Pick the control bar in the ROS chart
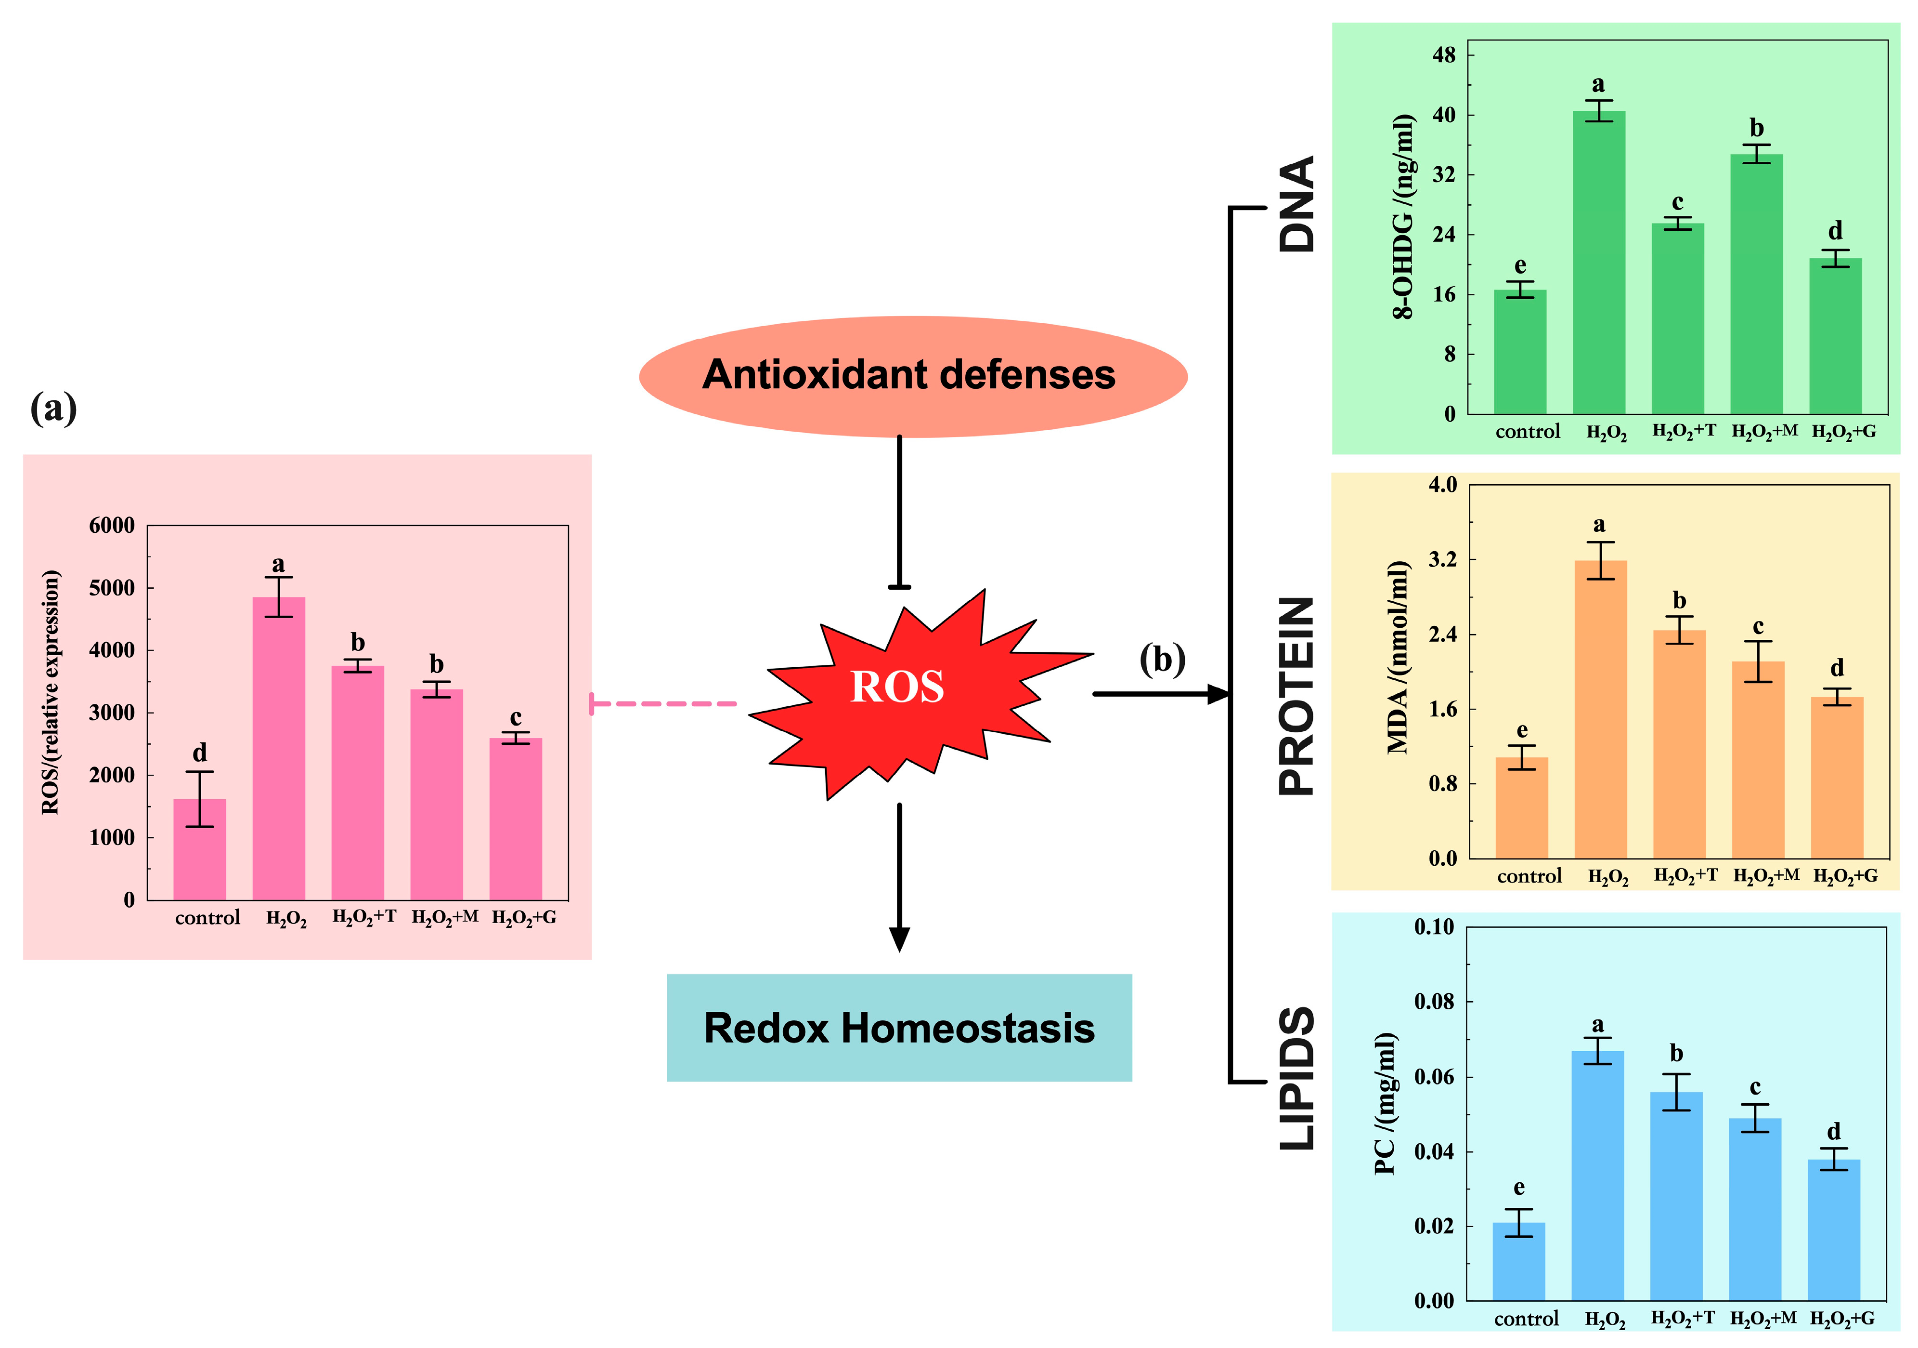click(200, 849)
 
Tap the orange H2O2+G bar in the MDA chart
click(1837, 777)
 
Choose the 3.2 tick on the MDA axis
click(1443, 559)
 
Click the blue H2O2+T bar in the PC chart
click(1676, 1195)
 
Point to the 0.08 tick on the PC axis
click(1434, 1001)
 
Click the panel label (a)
click(53, 409)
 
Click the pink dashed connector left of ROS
click(664, 704)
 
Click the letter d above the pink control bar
click(200, 752)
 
